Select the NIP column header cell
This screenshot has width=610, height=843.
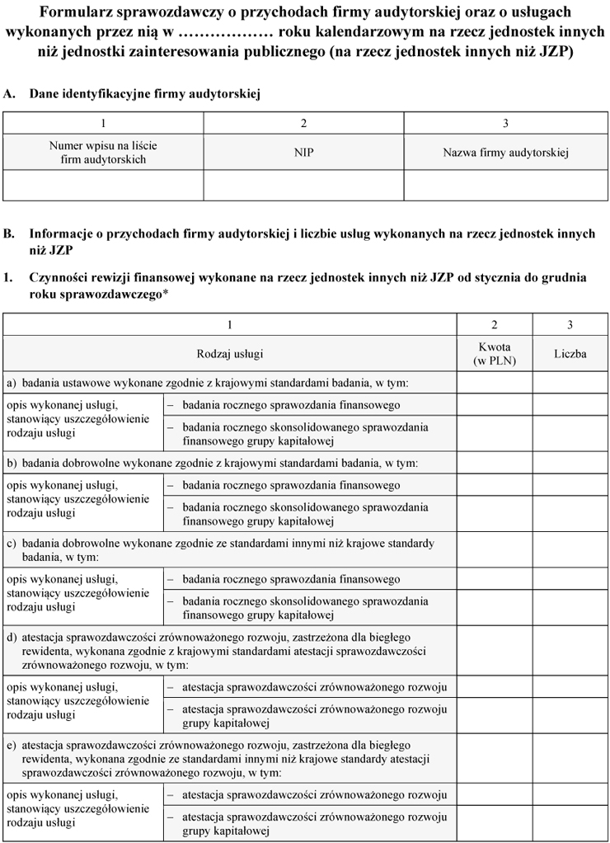(x=303, y=153)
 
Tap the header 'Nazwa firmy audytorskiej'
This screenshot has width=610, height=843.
(x=505, y=153)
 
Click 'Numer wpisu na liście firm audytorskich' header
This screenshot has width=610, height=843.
(x=103, y=153)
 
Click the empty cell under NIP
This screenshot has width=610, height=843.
(x=303, y=185)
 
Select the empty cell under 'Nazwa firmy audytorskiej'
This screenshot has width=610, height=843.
(x=505, y=185)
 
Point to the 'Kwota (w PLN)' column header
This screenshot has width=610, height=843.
(x=495, y=354)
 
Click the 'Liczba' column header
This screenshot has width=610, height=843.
(x=570, y=354)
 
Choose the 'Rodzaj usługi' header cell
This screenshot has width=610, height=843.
(x=230, y=354)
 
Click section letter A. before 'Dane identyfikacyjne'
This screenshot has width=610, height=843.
(x=9, y=95)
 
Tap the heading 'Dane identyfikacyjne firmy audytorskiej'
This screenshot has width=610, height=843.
(x=145, y=95)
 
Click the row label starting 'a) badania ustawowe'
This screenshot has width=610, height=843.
(x=207, y=383)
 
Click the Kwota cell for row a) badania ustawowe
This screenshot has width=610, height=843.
(x=495, y=383)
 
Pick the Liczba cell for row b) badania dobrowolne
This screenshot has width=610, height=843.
(x=570, y=463)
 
